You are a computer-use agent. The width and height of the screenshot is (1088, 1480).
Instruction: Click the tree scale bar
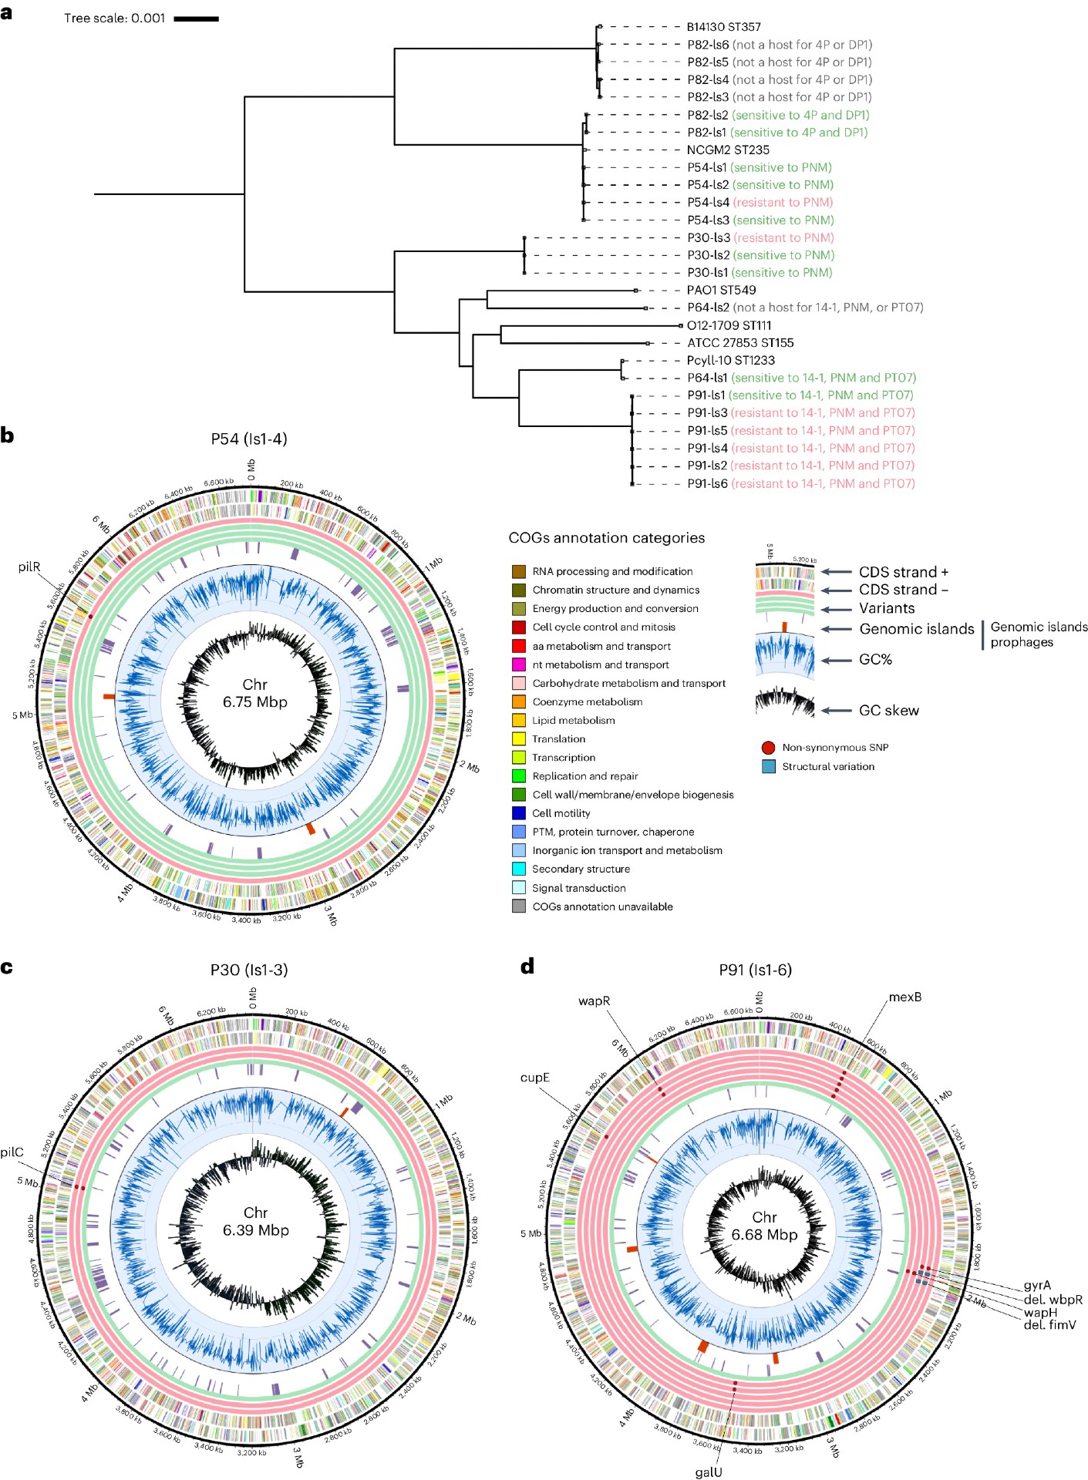(196, 18)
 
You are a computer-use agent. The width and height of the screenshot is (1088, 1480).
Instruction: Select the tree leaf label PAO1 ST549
(721, 290)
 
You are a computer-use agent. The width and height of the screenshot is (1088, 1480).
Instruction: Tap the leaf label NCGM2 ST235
(728, 150)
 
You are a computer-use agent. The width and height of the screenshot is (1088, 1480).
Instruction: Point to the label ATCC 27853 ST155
(740, 342)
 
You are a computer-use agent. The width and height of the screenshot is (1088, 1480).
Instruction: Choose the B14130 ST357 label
(723, 27)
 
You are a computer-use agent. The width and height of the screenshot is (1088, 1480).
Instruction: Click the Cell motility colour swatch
(519, 813)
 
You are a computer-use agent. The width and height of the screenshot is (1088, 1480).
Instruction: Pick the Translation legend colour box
(519, 738)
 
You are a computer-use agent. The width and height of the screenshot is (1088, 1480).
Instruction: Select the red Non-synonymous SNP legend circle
(768, 748)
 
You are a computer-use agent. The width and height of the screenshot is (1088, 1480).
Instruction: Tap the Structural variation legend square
(768, 766)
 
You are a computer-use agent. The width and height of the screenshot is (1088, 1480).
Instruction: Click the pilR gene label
(29, 567)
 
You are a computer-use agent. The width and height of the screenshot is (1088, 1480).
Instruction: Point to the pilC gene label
(12, 1152)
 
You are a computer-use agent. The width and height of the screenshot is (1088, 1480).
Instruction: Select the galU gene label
(709, 1472)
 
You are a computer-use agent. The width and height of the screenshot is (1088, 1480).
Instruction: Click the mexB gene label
(904, 997)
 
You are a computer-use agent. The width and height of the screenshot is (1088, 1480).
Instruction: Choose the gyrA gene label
(1037, 1285)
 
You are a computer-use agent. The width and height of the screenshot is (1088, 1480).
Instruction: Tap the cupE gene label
(534, 1077)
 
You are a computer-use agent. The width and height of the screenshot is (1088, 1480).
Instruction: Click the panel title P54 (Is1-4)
(248, 439)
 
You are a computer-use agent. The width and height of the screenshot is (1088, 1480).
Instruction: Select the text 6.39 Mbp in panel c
(255, 1230)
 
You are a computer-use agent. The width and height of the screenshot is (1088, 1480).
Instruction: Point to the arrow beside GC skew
(836, 711)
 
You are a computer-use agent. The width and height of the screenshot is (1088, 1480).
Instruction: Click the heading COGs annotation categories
(606, 538)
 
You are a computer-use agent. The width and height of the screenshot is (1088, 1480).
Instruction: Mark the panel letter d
(527, 966)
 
